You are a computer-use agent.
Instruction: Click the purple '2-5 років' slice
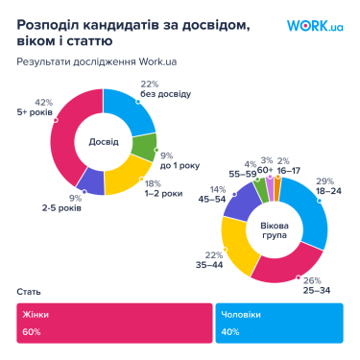point(90,181)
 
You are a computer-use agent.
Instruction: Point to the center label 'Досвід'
point(104,141)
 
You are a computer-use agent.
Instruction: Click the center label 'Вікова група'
point(275,230)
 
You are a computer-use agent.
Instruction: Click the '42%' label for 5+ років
point(43,101)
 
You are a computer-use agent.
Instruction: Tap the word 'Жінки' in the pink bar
point(37,314)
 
